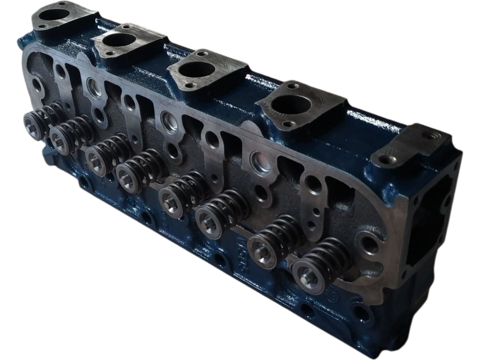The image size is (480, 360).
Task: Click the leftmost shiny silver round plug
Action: click(94, 87)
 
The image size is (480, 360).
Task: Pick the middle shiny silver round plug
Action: click(169, 121)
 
